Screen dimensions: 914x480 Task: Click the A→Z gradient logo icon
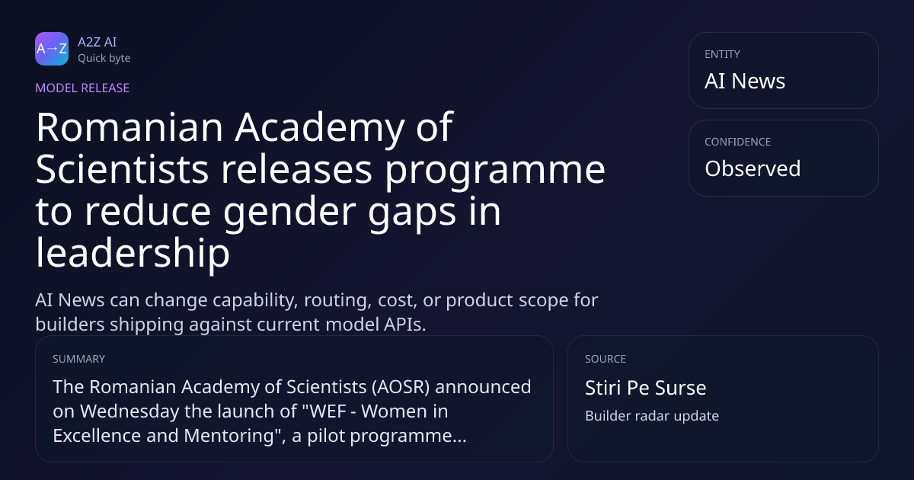click(x=52, y=49)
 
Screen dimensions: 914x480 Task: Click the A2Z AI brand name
click(x=97, y=42)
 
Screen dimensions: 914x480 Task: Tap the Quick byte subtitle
click(x=104, y=59)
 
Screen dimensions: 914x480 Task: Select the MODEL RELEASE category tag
click(x=82, y=88)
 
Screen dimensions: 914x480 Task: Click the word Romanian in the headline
click(x=129, y=127)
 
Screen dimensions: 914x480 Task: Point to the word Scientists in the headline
click(x=122, y=169)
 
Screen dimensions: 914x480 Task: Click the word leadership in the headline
click(x=133, y=254)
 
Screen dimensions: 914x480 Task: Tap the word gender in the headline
click(x=289, y=213)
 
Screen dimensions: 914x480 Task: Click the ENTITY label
click(x=722, y=54)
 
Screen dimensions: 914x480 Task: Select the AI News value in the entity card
click(x=745, y=81)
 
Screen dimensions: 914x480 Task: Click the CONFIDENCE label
click(x=738, y=142)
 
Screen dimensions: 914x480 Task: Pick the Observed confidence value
click(x=753, y=168)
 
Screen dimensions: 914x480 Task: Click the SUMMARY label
click(x=78, y=359)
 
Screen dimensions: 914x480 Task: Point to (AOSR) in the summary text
click(x=401, y=387)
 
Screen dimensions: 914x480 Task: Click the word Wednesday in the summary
click(x=129, y=411)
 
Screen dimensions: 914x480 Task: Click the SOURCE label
click(x=606, y=359)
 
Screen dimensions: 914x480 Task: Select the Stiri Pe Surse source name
click(x=646, y=388)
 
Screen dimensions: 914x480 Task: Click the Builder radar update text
click(x=652, y=416)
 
